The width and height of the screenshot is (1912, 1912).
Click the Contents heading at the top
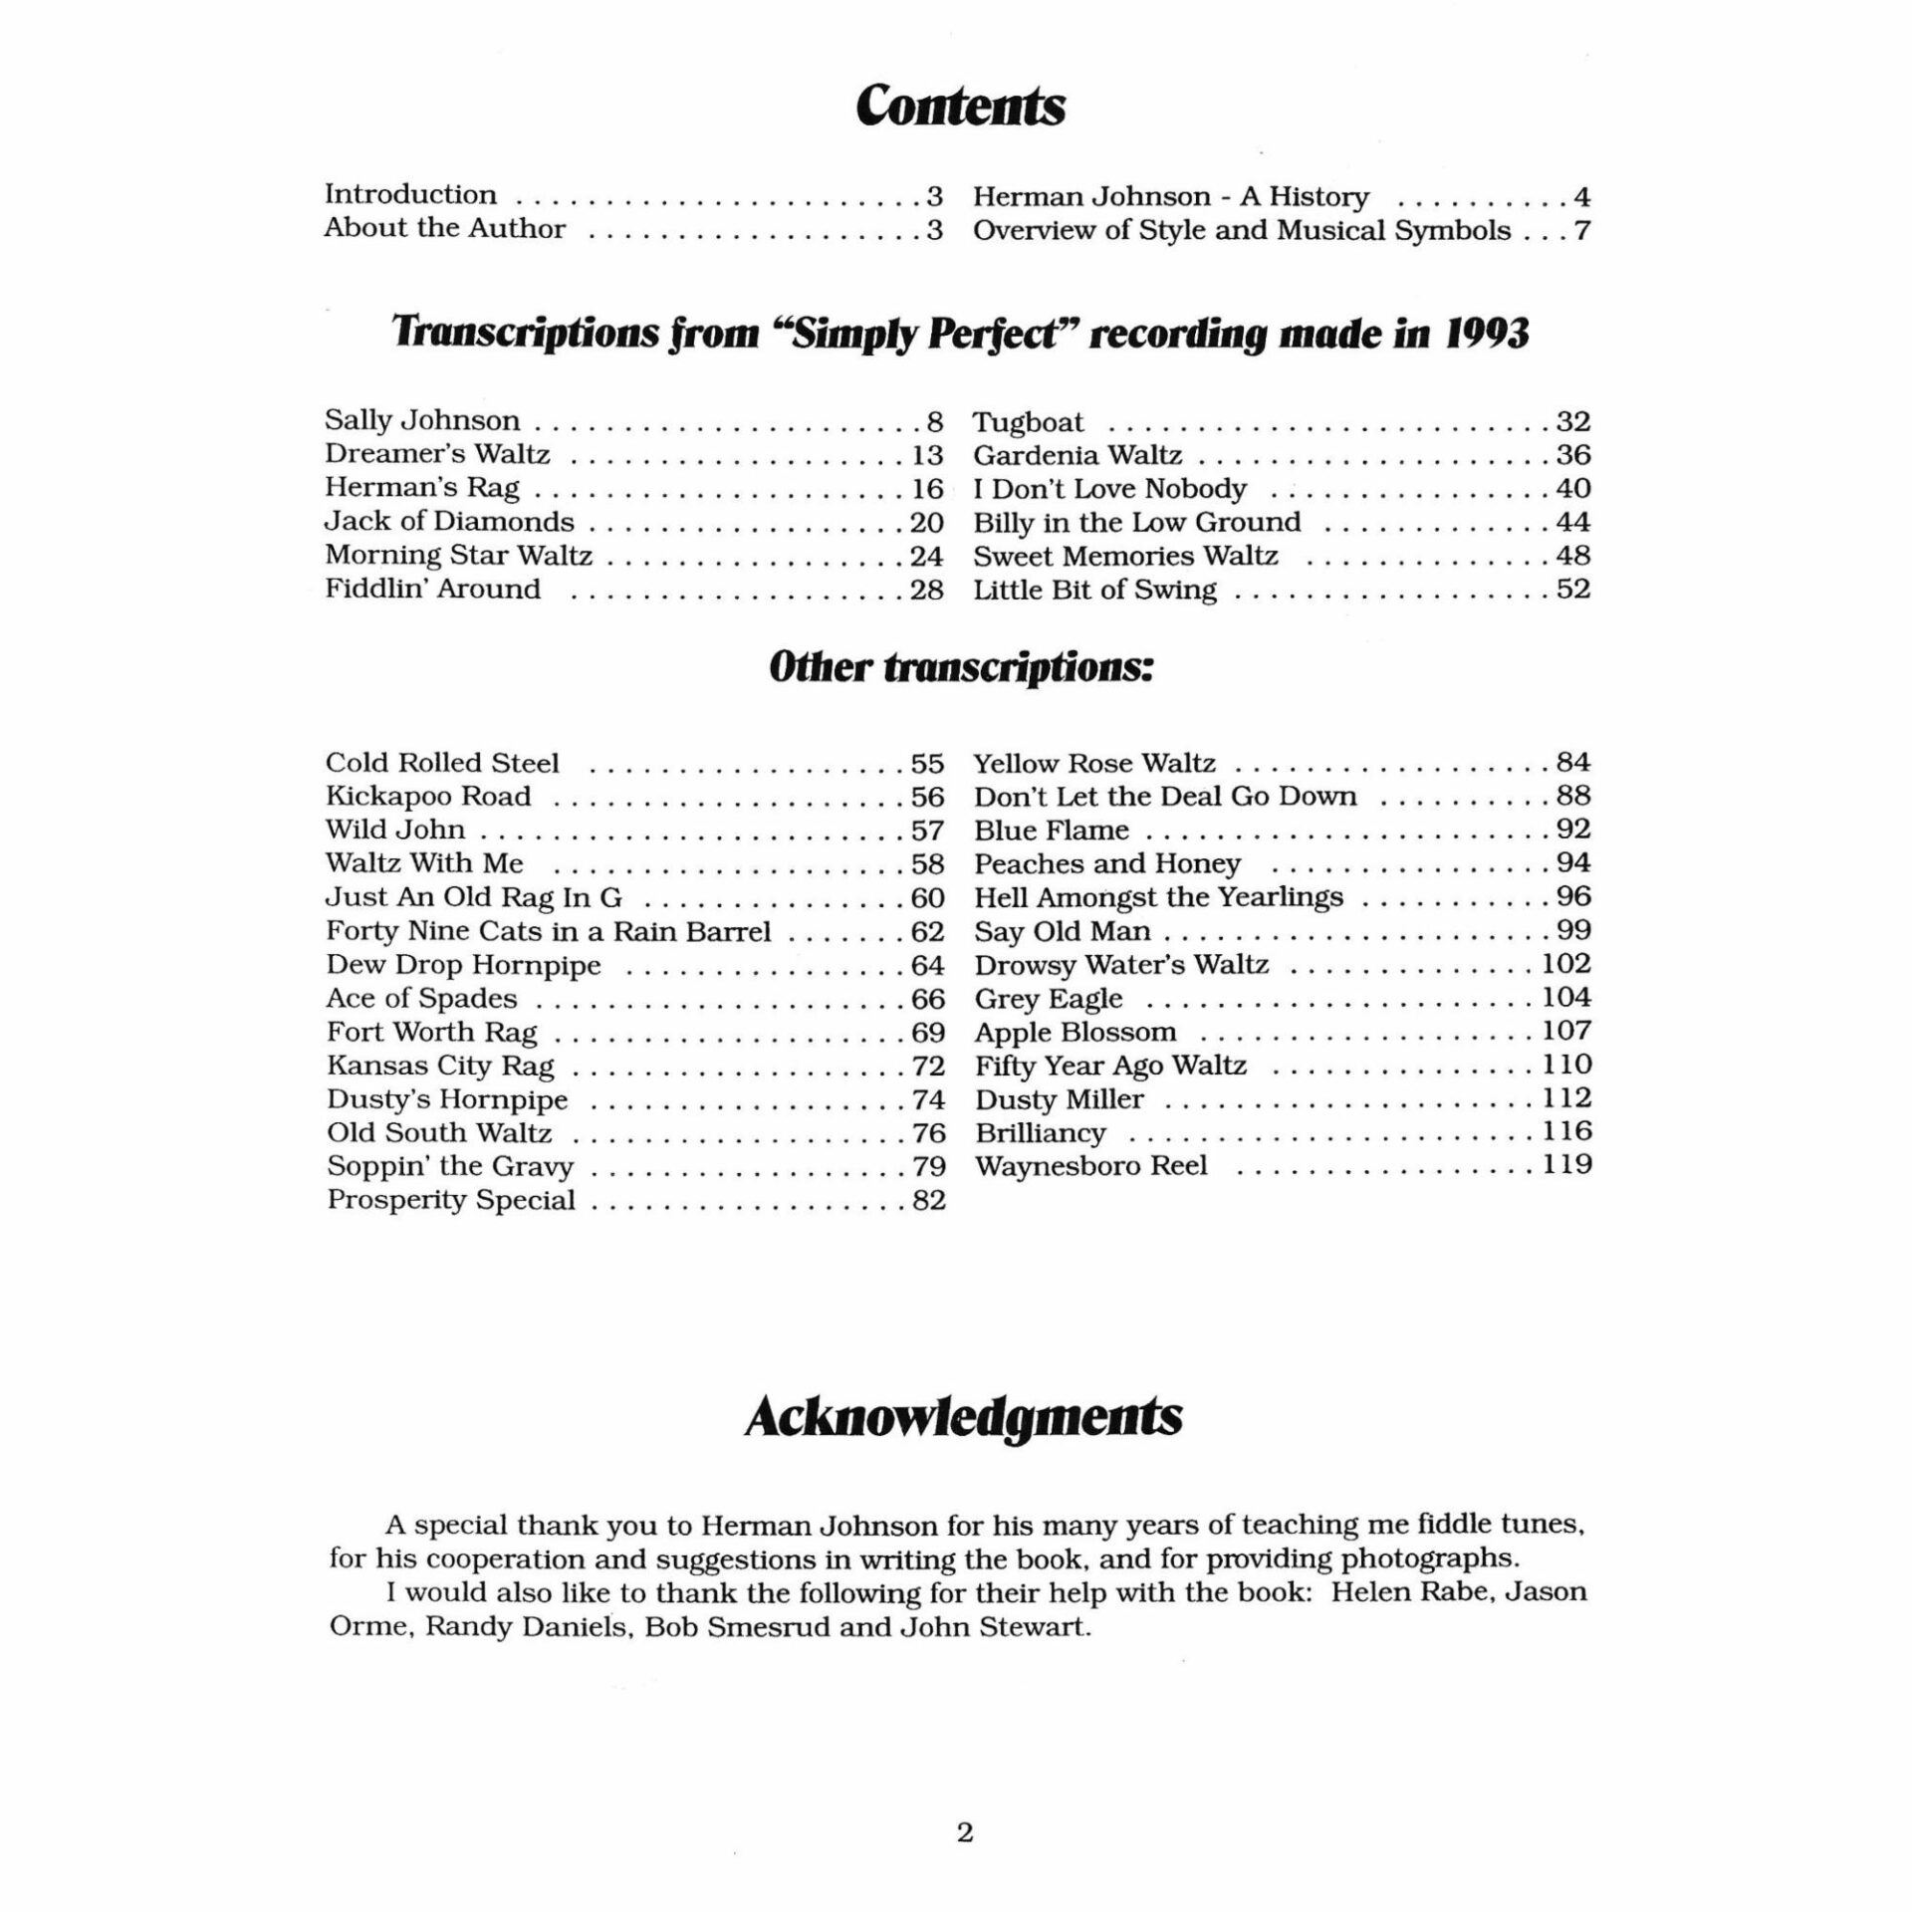960,106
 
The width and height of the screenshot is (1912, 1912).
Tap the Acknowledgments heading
963,1416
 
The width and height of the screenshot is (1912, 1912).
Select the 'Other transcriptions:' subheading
961,668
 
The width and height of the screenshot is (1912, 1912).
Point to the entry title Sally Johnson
422,421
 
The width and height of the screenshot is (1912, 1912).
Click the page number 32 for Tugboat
1573,422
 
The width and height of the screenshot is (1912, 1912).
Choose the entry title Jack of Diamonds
449,522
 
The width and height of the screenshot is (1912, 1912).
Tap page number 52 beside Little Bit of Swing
1573,590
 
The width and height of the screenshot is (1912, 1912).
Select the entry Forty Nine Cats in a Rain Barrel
548,932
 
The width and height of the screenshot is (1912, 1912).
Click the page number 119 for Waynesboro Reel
1567,1164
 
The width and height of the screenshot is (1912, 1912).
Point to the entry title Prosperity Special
451,1200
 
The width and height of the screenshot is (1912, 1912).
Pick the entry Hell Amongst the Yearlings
1158,897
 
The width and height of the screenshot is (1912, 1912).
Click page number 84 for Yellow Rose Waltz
1573,763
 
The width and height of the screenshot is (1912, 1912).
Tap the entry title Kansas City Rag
440,1066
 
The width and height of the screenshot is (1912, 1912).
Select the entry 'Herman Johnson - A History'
1171,196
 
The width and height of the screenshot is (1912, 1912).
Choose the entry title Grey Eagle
1049,998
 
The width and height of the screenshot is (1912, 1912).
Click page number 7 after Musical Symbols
1581,230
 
